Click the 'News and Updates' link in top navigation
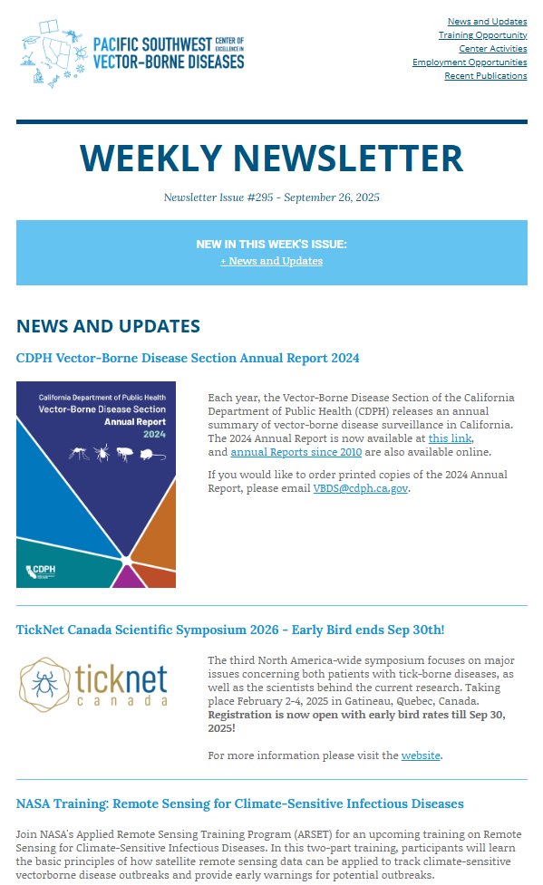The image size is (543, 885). pos(487,21)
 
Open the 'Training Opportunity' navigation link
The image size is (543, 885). pos(482,35)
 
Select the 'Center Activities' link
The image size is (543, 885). pos(492,49)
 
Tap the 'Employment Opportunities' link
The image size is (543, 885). pos(469,63)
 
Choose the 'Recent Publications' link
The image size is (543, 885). pos(485,76)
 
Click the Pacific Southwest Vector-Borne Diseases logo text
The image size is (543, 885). pos(169,53)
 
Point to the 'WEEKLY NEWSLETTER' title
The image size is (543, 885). pos(271,159)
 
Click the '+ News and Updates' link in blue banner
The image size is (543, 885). pos(271,261)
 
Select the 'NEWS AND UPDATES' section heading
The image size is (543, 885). pos(108,326)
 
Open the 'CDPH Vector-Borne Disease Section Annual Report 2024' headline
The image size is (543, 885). pos(188,358)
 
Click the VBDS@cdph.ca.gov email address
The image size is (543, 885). pos(361,488)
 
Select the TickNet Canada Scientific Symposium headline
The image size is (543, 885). pos(230,630)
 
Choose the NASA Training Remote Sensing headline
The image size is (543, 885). pos(240,803)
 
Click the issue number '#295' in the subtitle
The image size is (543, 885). pos(262,197)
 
